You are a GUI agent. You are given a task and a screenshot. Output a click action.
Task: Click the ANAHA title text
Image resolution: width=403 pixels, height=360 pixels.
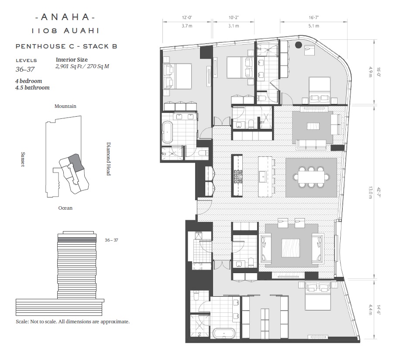(65, 17)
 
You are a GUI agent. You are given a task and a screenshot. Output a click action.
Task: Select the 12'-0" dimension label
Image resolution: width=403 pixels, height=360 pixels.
(187, 17)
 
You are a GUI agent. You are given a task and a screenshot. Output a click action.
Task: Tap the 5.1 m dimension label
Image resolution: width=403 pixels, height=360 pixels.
(313, 26)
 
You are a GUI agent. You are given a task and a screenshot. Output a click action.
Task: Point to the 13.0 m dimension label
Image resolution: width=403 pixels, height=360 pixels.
(370, 193)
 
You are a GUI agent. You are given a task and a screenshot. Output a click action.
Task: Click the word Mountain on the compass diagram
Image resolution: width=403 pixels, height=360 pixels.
(65, 106)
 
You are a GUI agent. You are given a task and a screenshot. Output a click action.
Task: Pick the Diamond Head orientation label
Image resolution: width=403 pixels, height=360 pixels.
(108, 159)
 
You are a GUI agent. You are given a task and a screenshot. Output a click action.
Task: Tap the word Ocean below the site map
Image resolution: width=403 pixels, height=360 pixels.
(65, 208)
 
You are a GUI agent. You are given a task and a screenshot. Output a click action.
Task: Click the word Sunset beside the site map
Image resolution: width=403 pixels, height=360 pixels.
(23, 159)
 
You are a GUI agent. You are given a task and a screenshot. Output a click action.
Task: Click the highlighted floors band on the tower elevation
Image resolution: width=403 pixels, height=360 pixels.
(77, 240)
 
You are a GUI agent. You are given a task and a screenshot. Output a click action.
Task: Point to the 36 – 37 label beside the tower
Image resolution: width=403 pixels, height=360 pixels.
(111, 240)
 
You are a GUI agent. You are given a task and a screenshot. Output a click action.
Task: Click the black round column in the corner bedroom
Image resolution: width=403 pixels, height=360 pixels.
(298, 45)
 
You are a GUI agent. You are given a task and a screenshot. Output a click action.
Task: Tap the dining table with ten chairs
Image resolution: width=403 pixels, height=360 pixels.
(311, 177)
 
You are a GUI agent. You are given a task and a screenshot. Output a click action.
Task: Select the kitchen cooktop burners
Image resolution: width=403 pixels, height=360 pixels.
(238, 177)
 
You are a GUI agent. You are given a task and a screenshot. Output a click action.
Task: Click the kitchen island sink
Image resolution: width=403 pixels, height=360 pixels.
(263, 177)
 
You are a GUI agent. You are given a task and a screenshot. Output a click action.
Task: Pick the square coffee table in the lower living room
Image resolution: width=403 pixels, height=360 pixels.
(291, 248)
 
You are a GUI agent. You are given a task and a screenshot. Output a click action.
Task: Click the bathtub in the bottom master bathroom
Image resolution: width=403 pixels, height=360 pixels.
(224, 335)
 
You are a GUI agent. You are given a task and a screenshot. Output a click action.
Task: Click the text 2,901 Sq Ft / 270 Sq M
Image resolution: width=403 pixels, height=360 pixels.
(82, 66)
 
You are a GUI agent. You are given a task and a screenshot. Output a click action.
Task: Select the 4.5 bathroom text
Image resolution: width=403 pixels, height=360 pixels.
(32, 88)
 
